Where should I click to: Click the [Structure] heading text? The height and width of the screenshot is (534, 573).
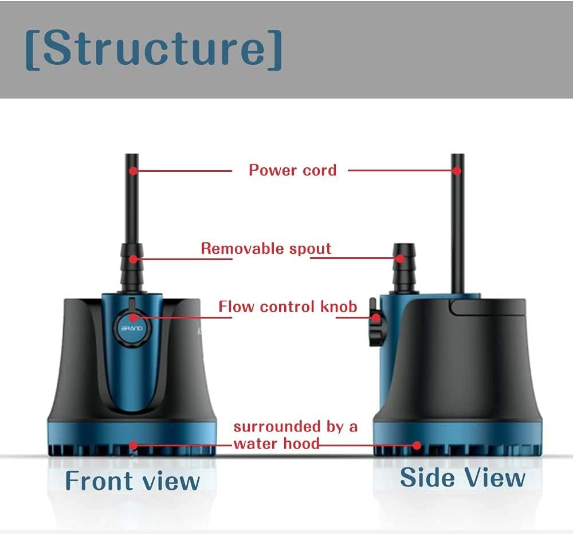pos(154,49)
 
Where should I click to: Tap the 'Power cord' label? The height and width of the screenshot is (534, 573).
pos(292,170)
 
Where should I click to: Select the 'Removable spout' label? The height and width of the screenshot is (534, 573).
pos(266,249)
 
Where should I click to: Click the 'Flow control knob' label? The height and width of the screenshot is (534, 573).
pos(288,307)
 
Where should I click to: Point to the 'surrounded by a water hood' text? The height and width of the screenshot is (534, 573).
pos(295,435)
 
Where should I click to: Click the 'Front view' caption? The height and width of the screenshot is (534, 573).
pos(132,481)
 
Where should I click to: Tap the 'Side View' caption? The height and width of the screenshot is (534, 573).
pos(462,477)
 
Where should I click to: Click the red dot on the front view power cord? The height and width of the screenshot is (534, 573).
pos(134,171)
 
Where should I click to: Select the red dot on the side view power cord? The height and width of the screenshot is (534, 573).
pos(457,171)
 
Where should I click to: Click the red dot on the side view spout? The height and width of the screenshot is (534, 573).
pos(400,258)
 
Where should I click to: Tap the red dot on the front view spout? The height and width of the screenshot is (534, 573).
pos(134,259)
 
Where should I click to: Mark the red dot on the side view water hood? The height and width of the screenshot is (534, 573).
pos(417,445)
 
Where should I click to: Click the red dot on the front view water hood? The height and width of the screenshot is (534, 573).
pos(134,445)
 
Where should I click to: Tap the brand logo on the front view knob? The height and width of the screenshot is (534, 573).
pos(132,328)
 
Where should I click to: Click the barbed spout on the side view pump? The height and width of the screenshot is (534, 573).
pos(404,268)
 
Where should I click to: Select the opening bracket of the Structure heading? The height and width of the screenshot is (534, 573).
pos(33,50)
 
